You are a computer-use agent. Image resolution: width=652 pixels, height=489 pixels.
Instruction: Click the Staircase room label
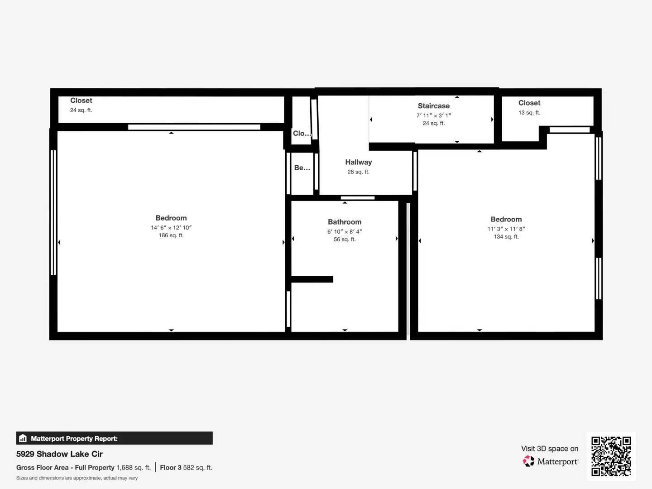tap(434, 105)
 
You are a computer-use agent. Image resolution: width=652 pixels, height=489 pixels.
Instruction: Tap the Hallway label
tap(359, 162)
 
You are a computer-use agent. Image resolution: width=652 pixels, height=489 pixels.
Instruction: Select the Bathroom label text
tap(345, 222)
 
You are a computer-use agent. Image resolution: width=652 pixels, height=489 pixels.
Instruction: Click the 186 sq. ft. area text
tap(171, 235)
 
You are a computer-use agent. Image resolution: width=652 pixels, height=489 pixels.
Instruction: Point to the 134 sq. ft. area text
tap(506, 237)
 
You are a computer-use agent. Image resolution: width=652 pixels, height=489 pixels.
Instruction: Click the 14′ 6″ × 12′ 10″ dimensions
tap(171, 227)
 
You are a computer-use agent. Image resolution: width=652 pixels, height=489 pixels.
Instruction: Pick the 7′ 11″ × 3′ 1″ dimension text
tap(434, 115)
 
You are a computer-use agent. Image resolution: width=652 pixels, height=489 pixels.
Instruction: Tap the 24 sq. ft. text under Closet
tap(81, 110)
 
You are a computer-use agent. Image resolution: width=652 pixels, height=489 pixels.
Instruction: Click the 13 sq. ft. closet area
tap(529, 113)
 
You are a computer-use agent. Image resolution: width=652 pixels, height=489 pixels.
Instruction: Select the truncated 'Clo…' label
tap(302, 133)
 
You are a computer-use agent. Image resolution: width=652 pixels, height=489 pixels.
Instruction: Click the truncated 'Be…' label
tap(302, 168)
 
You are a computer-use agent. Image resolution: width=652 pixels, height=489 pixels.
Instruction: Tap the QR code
tap(611, 456)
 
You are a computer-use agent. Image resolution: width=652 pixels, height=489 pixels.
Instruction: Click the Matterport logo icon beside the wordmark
tap(528, 461)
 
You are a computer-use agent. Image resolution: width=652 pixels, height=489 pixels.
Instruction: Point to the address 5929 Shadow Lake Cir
tap(59, 454)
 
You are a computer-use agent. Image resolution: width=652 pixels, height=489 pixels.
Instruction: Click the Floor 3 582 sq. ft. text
tap(186, 468)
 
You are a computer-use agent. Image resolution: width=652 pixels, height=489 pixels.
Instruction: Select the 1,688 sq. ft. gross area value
tap(134, 468)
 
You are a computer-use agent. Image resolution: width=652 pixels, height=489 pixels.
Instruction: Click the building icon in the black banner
tap(23, 438)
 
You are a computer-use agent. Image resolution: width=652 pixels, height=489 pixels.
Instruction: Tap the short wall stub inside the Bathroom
tap(312, 279)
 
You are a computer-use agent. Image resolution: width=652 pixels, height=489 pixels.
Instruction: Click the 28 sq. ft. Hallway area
tap(359, 172)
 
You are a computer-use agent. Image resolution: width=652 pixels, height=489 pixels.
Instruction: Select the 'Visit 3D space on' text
tap(550, 449)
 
